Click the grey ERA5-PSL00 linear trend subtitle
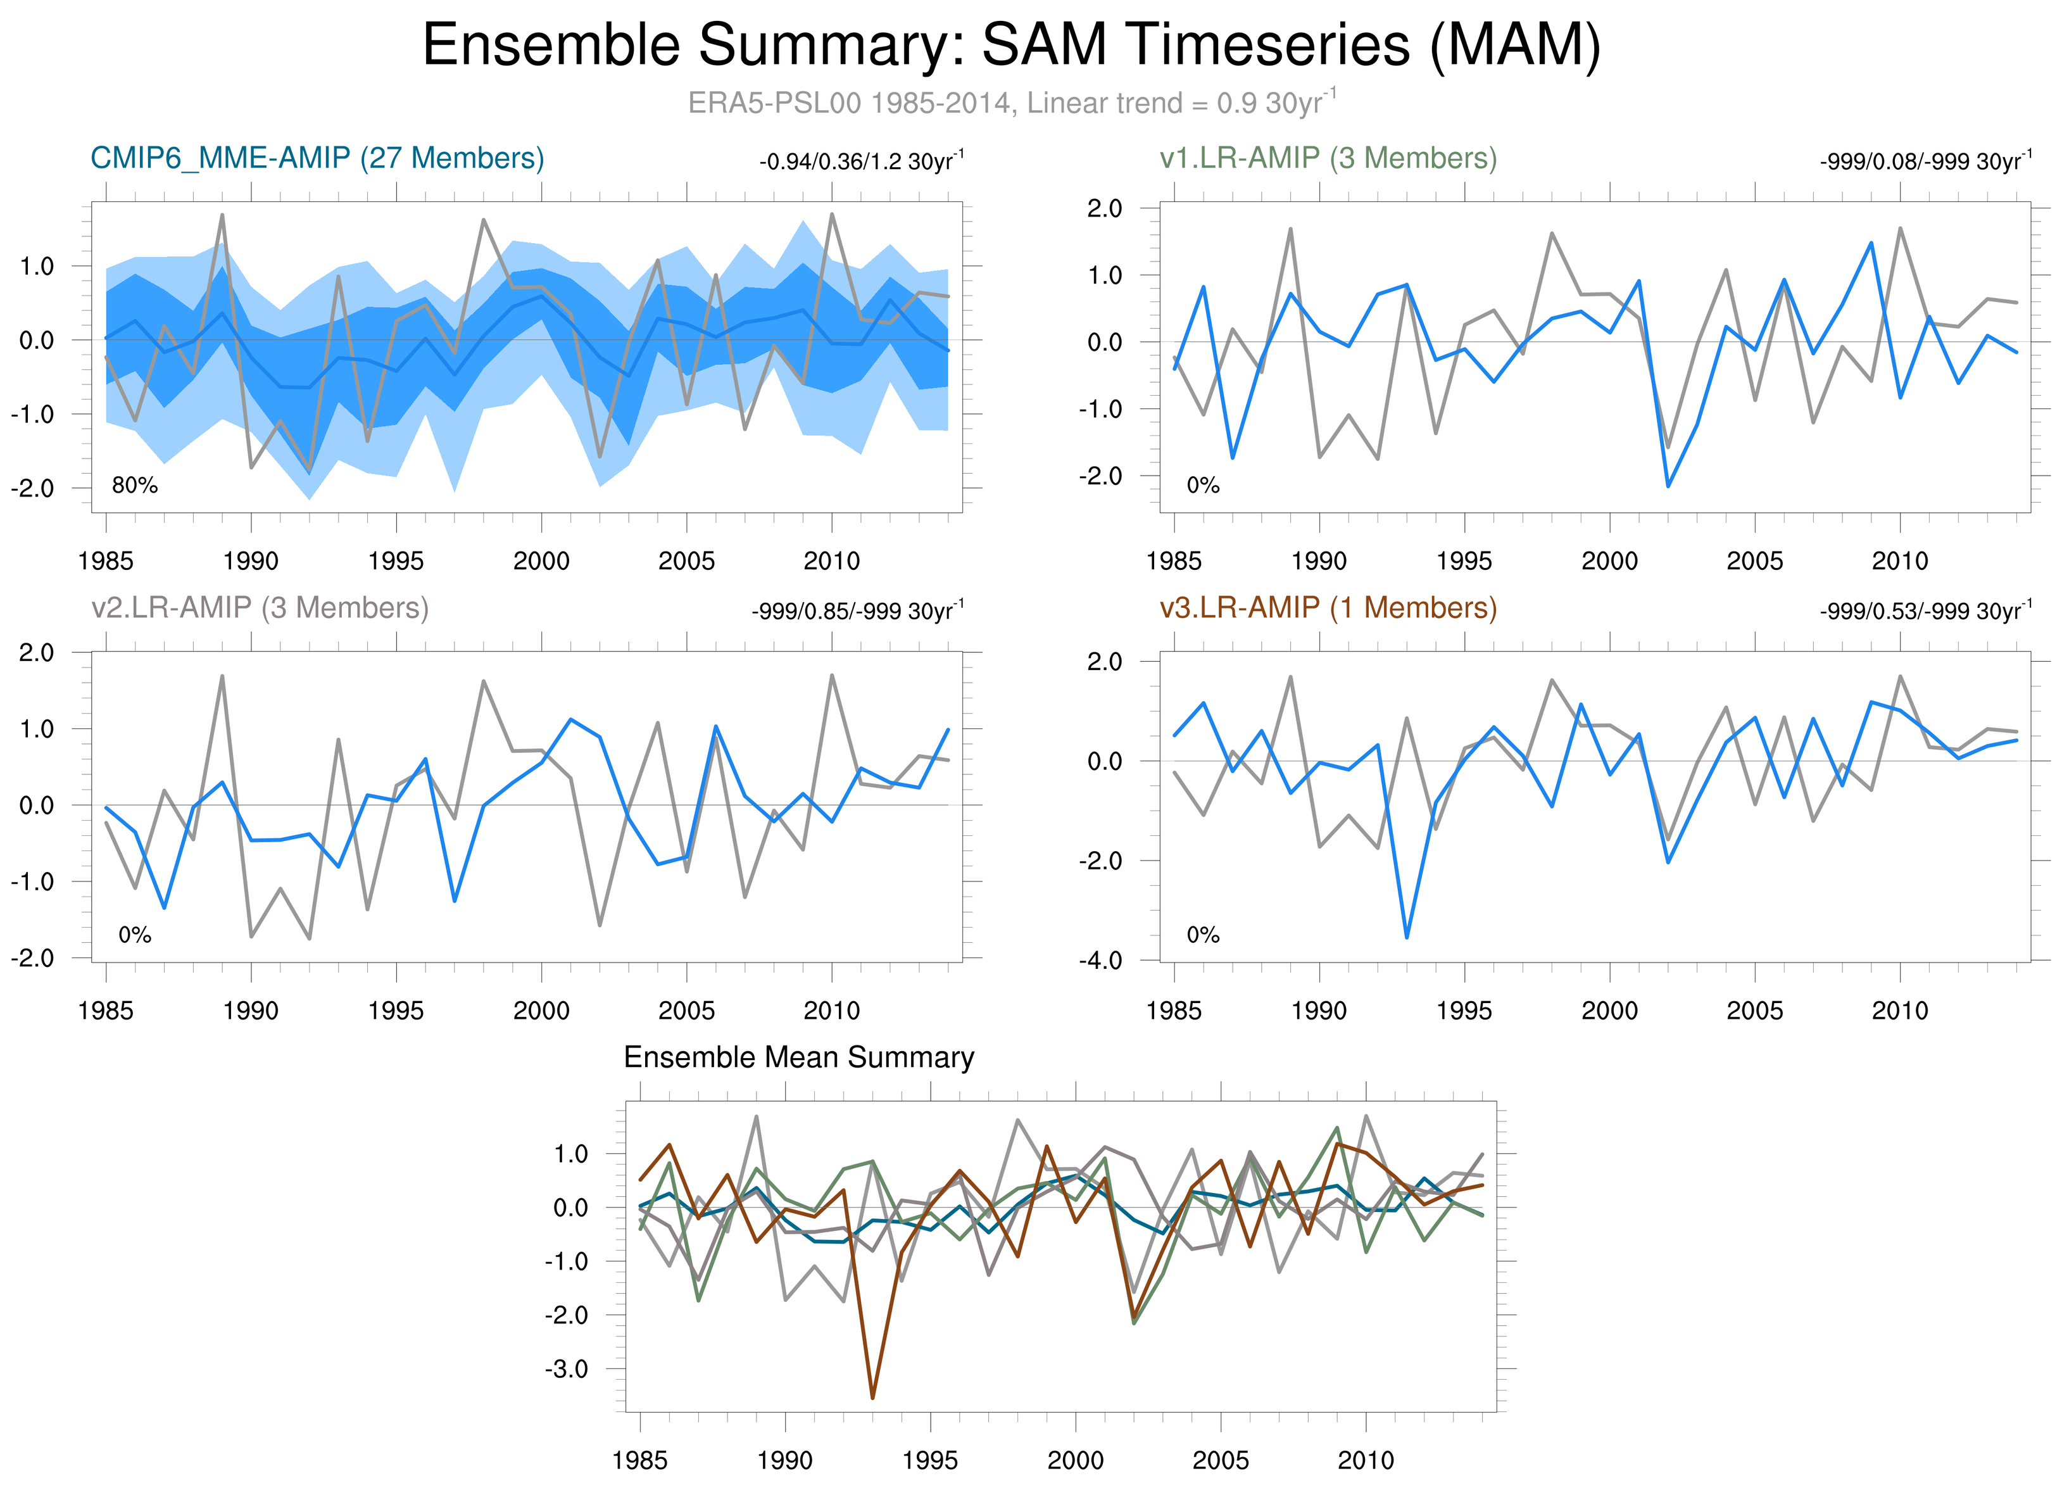click(x=1011, y=103)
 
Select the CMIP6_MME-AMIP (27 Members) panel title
click(x=317, y=158)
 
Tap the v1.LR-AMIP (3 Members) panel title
click(x=1328, y=158)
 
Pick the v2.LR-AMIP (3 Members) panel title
click(x=260, y=607)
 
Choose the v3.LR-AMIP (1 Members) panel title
click(x=1328, y=607)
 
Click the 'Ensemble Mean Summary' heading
click(x=798, y=1058)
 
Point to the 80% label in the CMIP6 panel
click(x=135, y=486)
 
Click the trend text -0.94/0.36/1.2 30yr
click(x=861, y=162)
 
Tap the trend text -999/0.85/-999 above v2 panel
click(x=857, y=611)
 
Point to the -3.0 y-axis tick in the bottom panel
click(x=567, y=1368)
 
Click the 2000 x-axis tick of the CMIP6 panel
click(x=541, y=561)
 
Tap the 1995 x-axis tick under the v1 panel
click(x=1464, y=561)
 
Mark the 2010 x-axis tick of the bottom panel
click(x=1366, y=1460)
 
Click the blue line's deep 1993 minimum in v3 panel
click(x=1407, y=937)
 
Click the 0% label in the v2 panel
click(x=135, y=935)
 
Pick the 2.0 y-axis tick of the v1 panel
click(x=1105, y=208)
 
